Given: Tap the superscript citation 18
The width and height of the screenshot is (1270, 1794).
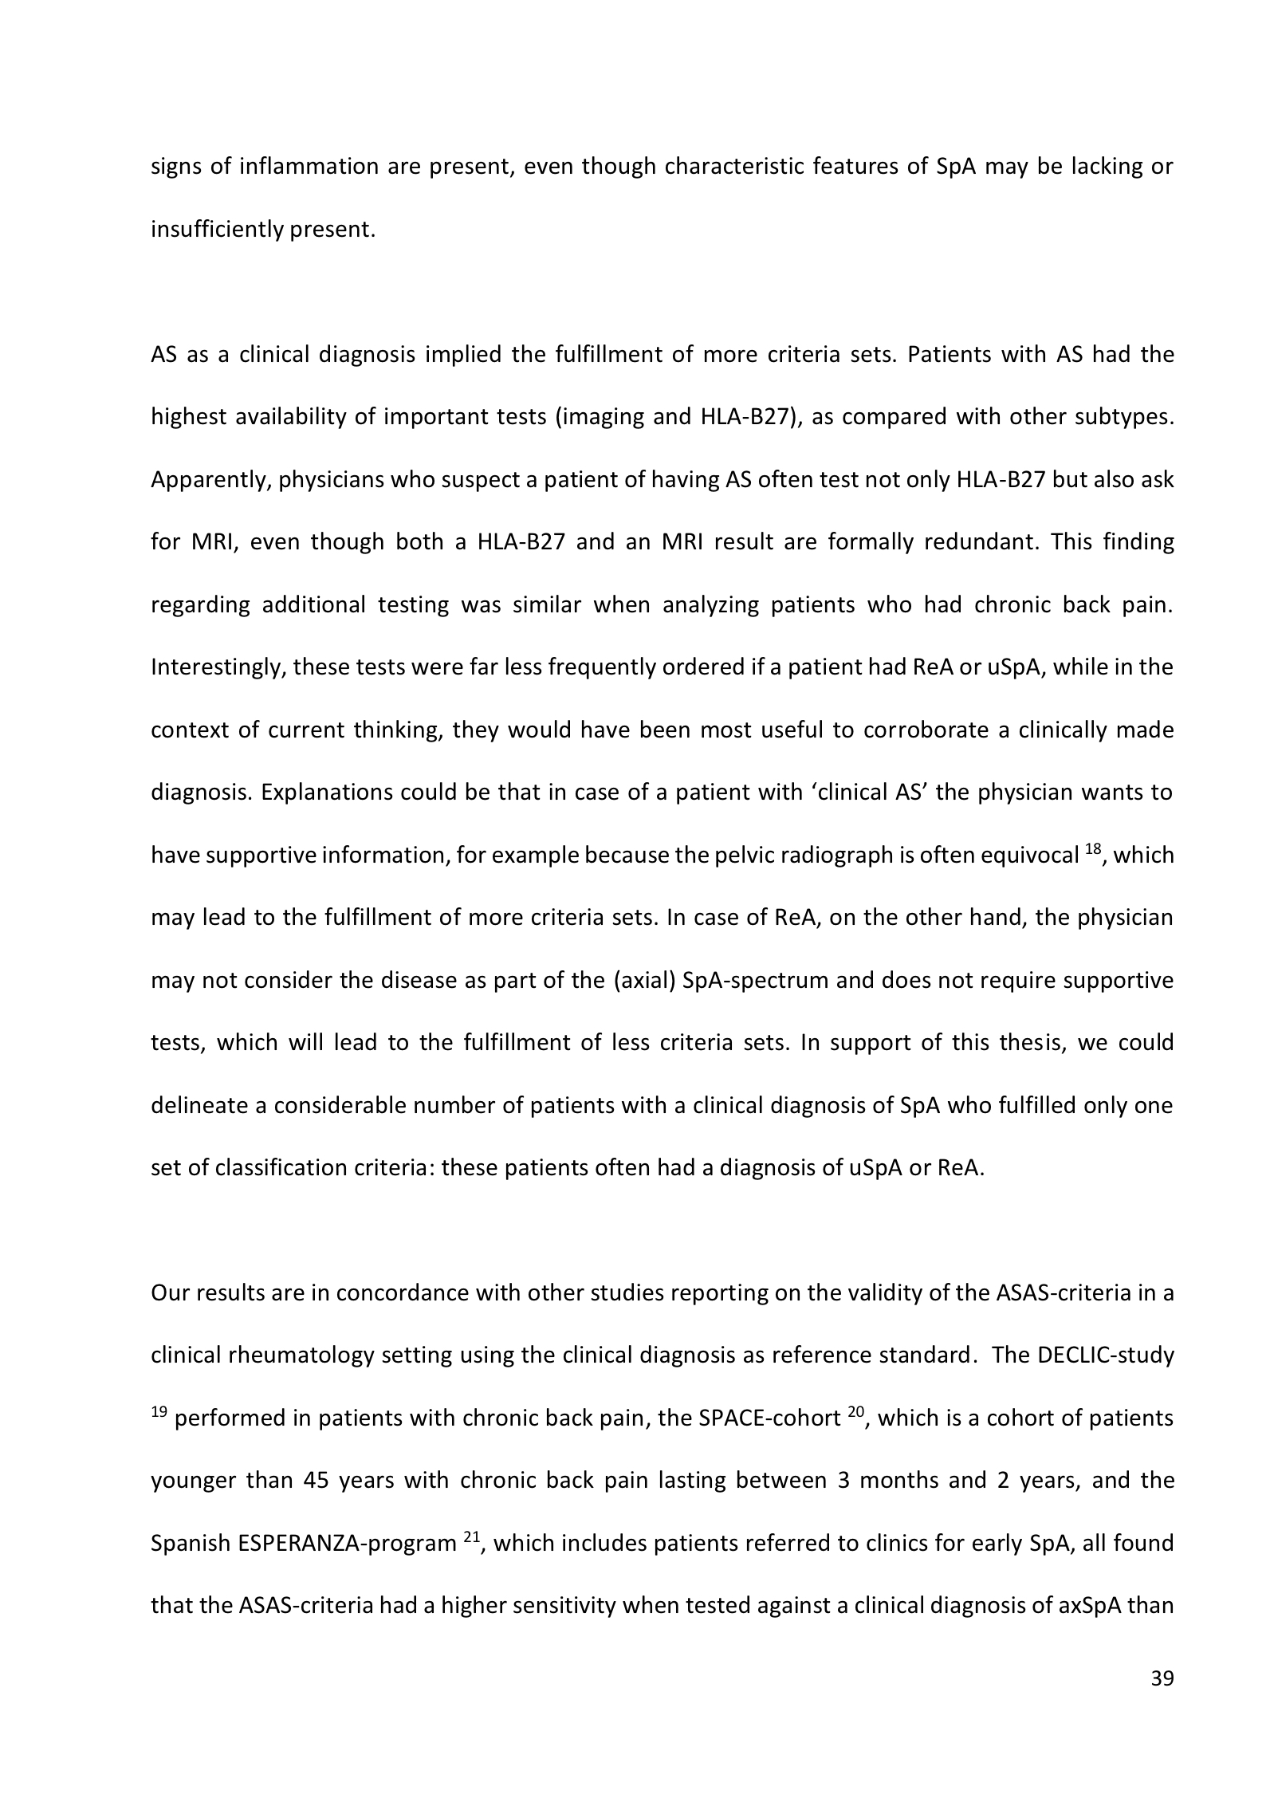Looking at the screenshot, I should (1094, 850).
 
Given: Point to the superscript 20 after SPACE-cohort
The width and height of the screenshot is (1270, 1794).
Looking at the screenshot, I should (855, 1412).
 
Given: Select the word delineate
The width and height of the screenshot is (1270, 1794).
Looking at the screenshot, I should (197, 1106).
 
